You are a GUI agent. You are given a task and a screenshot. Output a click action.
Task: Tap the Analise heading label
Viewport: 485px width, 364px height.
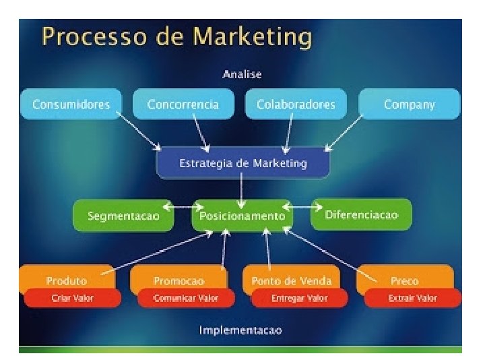click(242, 74)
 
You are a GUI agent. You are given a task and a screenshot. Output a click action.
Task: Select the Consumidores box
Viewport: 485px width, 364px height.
click(71, 104)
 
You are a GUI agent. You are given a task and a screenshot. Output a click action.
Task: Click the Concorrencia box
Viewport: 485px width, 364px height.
click(183, 104)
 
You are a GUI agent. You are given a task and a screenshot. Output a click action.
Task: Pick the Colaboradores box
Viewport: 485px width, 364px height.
click(296, 104)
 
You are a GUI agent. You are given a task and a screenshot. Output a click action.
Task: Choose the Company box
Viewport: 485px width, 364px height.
click(410, 104)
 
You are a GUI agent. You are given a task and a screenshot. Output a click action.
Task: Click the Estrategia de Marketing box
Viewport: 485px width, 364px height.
click(243, 163)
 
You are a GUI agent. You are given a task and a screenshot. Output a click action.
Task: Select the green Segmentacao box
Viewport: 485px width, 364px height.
click(123, 216)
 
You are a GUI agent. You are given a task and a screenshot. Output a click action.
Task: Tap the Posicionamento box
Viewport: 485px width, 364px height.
click(243, 216)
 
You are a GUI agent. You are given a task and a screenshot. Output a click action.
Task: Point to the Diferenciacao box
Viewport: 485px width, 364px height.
click(361, 214)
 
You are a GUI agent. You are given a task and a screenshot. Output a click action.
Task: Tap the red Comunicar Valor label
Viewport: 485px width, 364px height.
click(185, 298)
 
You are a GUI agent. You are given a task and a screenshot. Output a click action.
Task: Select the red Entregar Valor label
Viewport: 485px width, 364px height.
click(298, 298)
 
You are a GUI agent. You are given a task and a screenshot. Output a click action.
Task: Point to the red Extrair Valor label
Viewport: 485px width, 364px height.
click(412, 298)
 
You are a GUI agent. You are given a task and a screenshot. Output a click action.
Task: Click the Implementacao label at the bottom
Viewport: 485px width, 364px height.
click(240, 330)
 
